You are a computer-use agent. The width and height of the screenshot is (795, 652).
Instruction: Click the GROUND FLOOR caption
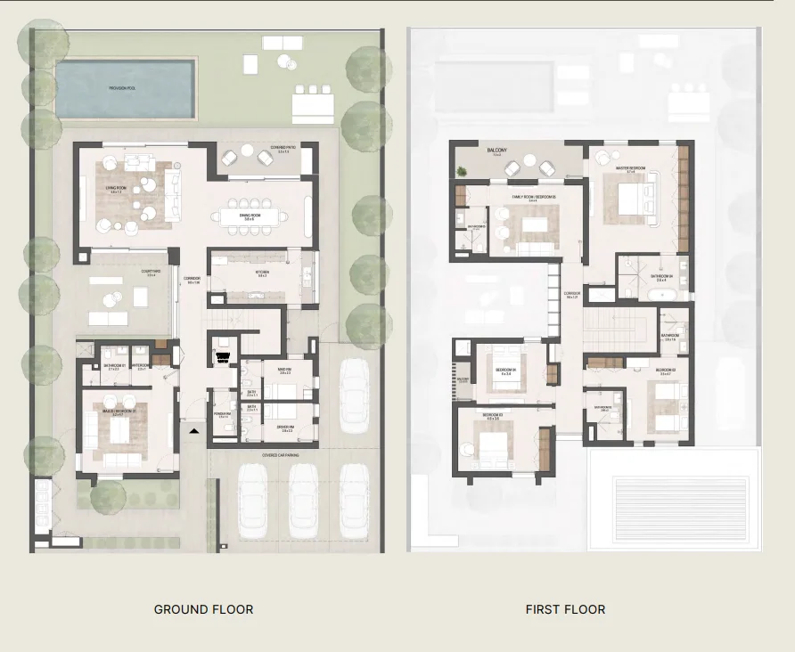(203, 609)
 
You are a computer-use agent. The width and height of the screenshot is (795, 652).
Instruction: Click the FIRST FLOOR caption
(565, 609)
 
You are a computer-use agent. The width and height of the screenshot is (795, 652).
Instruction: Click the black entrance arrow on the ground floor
(195, 430)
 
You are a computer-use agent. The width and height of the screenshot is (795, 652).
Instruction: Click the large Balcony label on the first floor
(496, 151)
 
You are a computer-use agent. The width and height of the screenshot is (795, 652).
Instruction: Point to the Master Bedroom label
(630, 167)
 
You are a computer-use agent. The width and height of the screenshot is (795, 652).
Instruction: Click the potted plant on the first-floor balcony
(462, 170)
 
